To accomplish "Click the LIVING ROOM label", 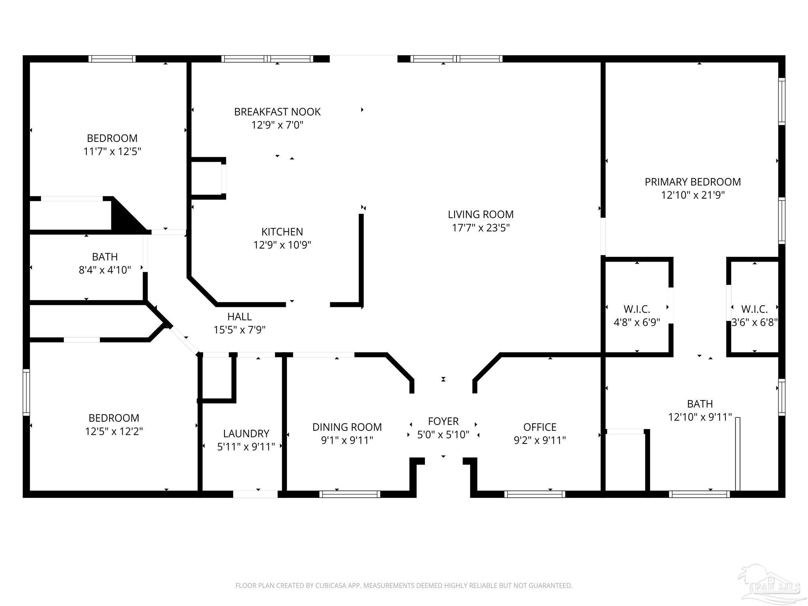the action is click(481, 215).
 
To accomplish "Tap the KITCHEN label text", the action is click(282, 232).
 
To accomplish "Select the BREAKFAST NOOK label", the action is click(277, 112).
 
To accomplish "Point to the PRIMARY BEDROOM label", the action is click(693, 182).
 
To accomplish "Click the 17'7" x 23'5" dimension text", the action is click(481, 228).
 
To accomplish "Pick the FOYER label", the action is click(443, 421).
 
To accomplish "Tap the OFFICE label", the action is click(540, 427).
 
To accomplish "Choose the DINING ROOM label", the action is click(347, 427).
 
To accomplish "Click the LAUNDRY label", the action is click(246, 434).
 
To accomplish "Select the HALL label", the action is click(239, 316).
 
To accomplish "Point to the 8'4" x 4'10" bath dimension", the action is click(105, 270).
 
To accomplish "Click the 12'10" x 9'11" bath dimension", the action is click(700, 417).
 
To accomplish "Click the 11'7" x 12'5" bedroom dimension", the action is click(112, 151).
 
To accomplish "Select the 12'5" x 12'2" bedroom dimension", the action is click(114, 431).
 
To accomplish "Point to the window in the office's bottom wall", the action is click(535, 494).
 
